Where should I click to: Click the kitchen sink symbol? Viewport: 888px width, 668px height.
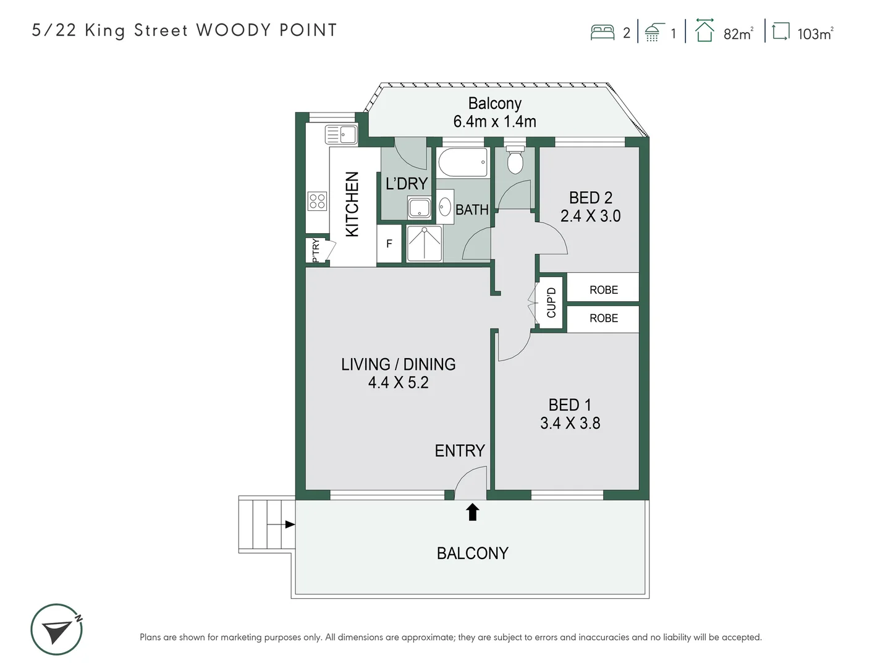click(x=341, y=134)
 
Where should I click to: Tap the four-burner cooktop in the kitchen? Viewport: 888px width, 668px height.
click(x=317, y=201)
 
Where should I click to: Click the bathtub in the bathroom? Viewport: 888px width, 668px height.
click(x=463, y=163)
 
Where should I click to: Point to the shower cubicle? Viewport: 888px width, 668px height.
click(x=425, y=243)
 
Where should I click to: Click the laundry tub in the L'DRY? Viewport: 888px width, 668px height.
click(x=419, y=208)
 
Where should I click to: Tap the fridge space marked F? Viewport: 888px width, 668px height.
click(x=389, y=244)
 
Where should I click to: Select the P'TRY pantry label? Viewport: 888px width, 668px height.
click(x=316, y=250)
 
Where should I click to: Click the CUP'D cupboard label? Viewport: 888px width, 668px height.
click(x=551, y=302)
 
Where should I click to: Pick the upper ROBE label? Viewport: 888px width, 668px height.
click(x=603, y=289)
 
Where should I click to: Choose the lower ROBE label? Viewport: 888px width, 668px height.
click(x=603, y=318)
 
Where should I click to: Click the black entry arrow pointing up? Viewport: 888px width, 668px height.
click(x=472, y=512)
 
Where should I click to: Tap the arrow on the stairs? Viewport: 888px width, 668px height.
click(x=289, y=525)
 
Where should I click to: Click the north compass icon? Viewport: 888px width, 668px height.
click(x=57, y=630)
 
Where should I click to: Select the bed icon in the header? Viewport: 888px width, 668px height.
click(x=602, y=32)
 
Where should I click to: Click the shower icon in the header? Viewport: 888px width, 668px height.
click(x=653, y=32)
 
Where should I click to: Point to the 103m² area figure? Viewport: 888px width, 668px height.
click(x=814, y=34)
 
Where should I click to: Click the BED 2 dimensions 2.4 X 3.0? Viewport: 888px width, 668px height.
click(x=590, y=216)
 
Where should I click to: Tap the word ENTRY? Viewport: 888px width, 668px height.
click(x=459, y=451)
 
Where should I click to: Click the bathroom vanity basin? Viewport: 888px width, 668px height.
click(x=445, y=207)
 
